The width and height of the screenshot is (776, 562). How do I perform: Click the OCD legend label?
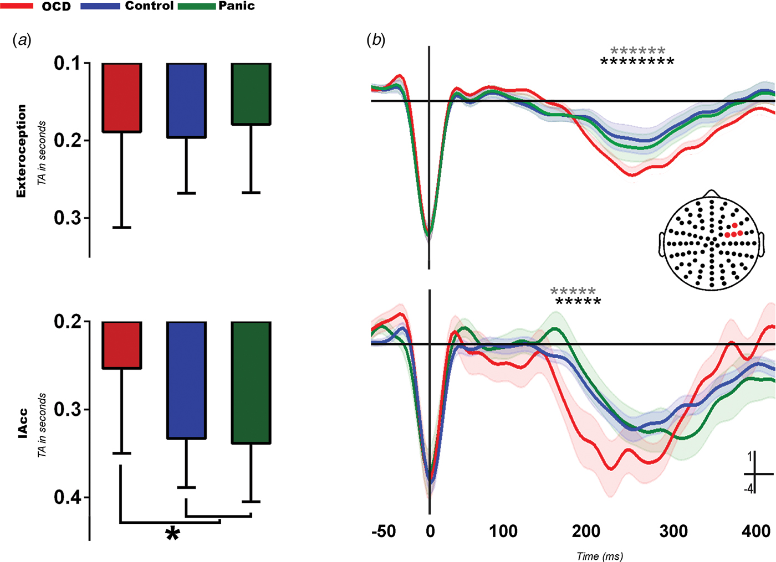57,7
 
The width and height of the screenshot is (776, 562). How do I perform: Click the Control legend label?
149,6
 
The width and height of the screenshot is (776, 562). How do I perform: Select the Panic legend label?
237,6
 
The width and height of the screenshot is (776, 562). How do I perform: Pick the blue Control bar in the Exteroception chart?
186,100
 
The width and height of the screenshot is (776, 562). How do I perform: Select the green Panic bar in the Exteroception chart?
251,94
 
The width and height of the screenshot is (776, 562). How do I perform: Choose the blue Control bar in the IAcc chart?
186,380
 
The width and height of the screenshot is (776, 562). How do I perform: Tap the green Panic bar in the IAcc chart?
251,382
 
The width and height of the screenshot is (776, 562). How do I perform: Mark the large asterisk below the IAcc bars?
172,535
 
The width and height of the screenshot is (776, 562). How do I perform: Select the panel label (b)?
375,40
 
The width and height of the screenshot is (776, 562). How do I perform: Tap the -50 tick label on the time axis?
384,532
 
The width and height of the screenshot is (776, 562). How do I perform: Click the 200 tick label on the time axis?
586,532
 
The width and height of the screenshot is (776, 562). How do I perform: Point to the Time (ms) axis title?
599,556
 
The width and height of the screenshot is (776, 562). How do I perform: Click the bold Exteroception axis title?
21,151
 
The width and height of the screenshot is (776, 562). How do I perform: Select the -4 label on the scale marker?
748,489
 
